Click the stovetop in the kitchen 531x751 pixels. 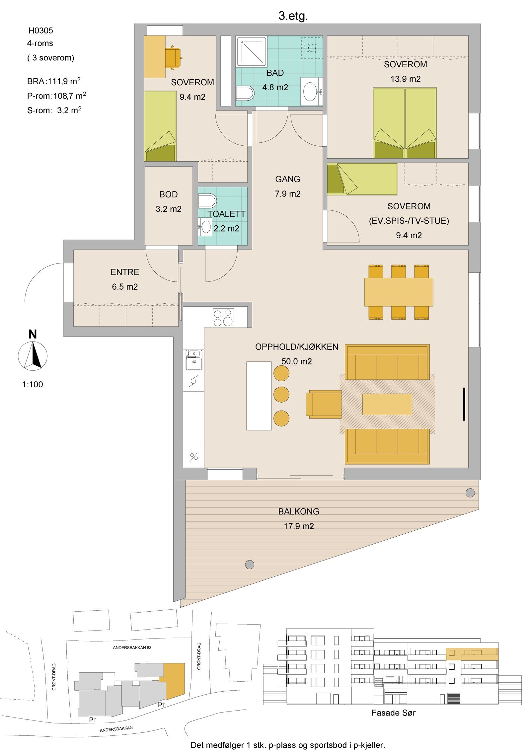[x=223, y=318]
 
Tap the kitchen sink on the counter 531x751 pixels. [x=194, y=360]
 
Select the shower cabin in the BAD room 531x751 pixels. [x=251, y=52]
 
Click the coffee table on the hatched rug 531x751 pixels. [x=387, y=404]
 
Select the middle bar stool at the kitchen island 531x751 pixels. [x=281, y=395]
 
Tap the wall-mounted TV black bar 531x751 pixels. [x=464, y=404]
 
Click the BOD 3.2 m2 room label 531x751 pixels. [x=169, y=202]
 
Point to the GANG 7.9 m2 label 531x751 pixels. [x=287, y=186]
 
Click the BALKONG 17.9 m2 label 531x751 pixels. [x=299, y=519]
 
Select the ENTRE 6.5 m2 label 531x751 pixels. [x=125, y=279]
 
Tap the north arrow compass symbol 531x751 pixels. [x=33, y=354]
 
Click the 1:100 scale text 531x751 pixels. [x=33, y=384]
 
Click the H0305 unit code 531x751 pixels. [x=40, y=31]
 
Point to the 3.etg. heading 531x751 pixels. [x=293, y=16]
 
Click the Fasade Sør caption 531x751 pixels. [x=393, y=712]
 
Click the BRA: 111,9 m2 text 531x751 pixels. [x=54, y=81]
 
